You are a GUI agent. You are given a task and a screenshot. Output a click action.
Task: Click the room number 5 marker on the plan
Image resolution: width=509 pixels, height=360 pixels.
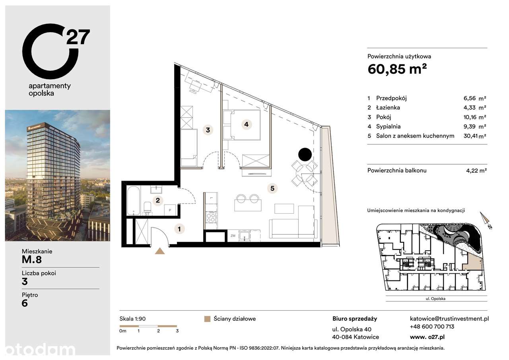272,189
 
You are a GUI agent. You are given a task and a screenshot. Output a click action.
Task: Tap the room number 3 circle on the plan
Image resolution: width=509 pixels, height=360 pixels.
208,130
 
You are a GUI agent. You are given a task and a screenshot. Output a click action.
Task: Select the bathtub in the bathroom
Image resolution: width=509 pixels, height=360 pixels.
134,200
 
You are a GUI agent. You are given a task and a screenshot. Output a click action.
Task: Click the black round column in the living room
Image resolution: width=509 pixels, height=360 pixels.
305,154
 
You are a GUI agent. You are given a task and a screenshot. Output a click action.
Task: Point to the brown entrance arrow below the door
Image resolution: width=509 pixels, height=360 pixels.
160,251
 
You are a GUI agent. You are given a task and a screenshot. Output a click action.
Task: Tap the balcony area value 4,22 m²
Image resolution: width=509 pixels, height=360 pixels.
476,171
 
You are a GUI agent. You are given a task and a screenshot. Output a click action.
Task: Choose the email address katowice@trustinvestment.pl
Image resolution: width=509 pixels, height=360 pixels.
449,319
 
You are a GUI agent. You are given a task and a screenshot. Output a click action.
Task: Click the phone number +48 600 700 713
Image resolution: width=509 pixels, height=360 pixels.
432,327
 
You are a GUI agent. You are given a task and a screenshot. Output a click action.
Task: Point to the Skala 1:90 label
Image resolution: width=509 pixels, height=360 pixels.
132,319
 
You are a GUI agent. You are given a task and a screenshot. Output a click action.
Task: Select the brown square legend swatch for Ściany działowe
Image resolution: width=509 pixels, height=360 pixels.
206,319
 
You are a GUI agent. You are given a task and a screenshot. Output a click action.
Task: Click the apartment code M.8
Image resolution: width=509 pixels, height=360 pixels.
32,260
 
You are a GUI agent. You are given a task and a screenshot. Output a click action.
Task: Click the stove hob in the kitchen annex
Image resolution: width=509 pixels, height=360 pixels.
210,217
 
